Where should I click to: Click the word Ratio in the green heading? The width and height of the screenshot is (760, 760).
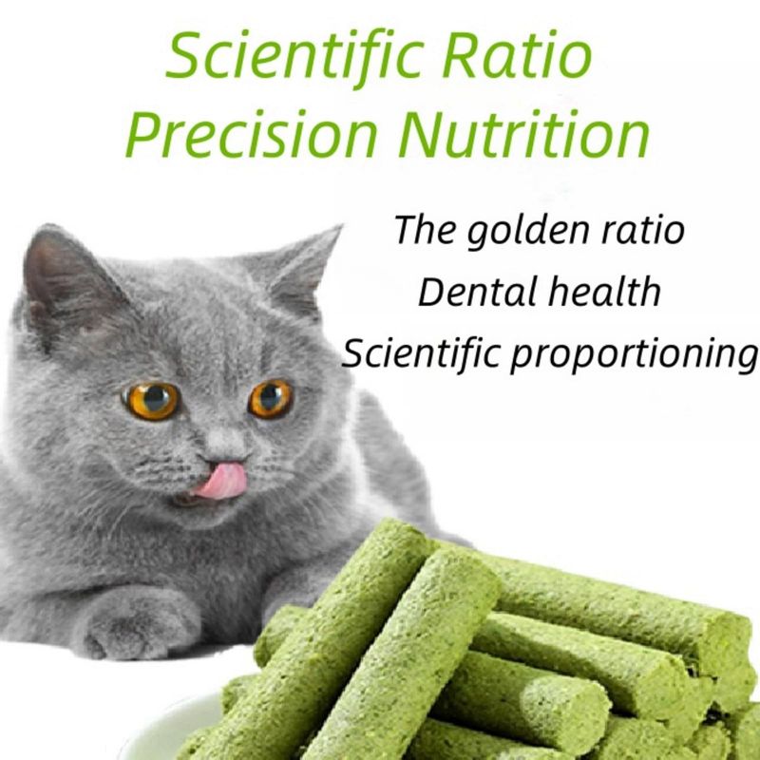click(x=517, y=54)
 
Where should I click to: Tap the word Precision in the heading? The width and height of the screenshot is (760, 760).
click(x=251, y=133)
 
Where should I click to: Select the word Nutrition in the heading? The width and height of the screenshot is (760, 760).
click(x=523, y=133)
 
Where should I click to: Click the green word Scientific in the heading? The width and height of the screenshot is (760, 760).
click(x=294, y=58)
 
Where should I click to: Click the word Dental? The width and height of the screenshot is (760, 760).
click(x=478, y=292)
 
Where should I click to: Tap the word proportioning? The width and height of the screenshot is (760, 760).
click(x=634, y=354)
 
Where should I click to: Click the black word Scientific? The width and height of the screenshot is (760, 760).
click(x=421, y=351)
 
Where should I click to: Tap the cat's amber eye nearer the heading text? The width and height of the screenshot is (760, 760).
click(x=271, y=399)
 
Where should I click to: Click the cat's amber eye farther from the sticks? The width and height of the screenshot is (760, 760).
click(x=152, y=401)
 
